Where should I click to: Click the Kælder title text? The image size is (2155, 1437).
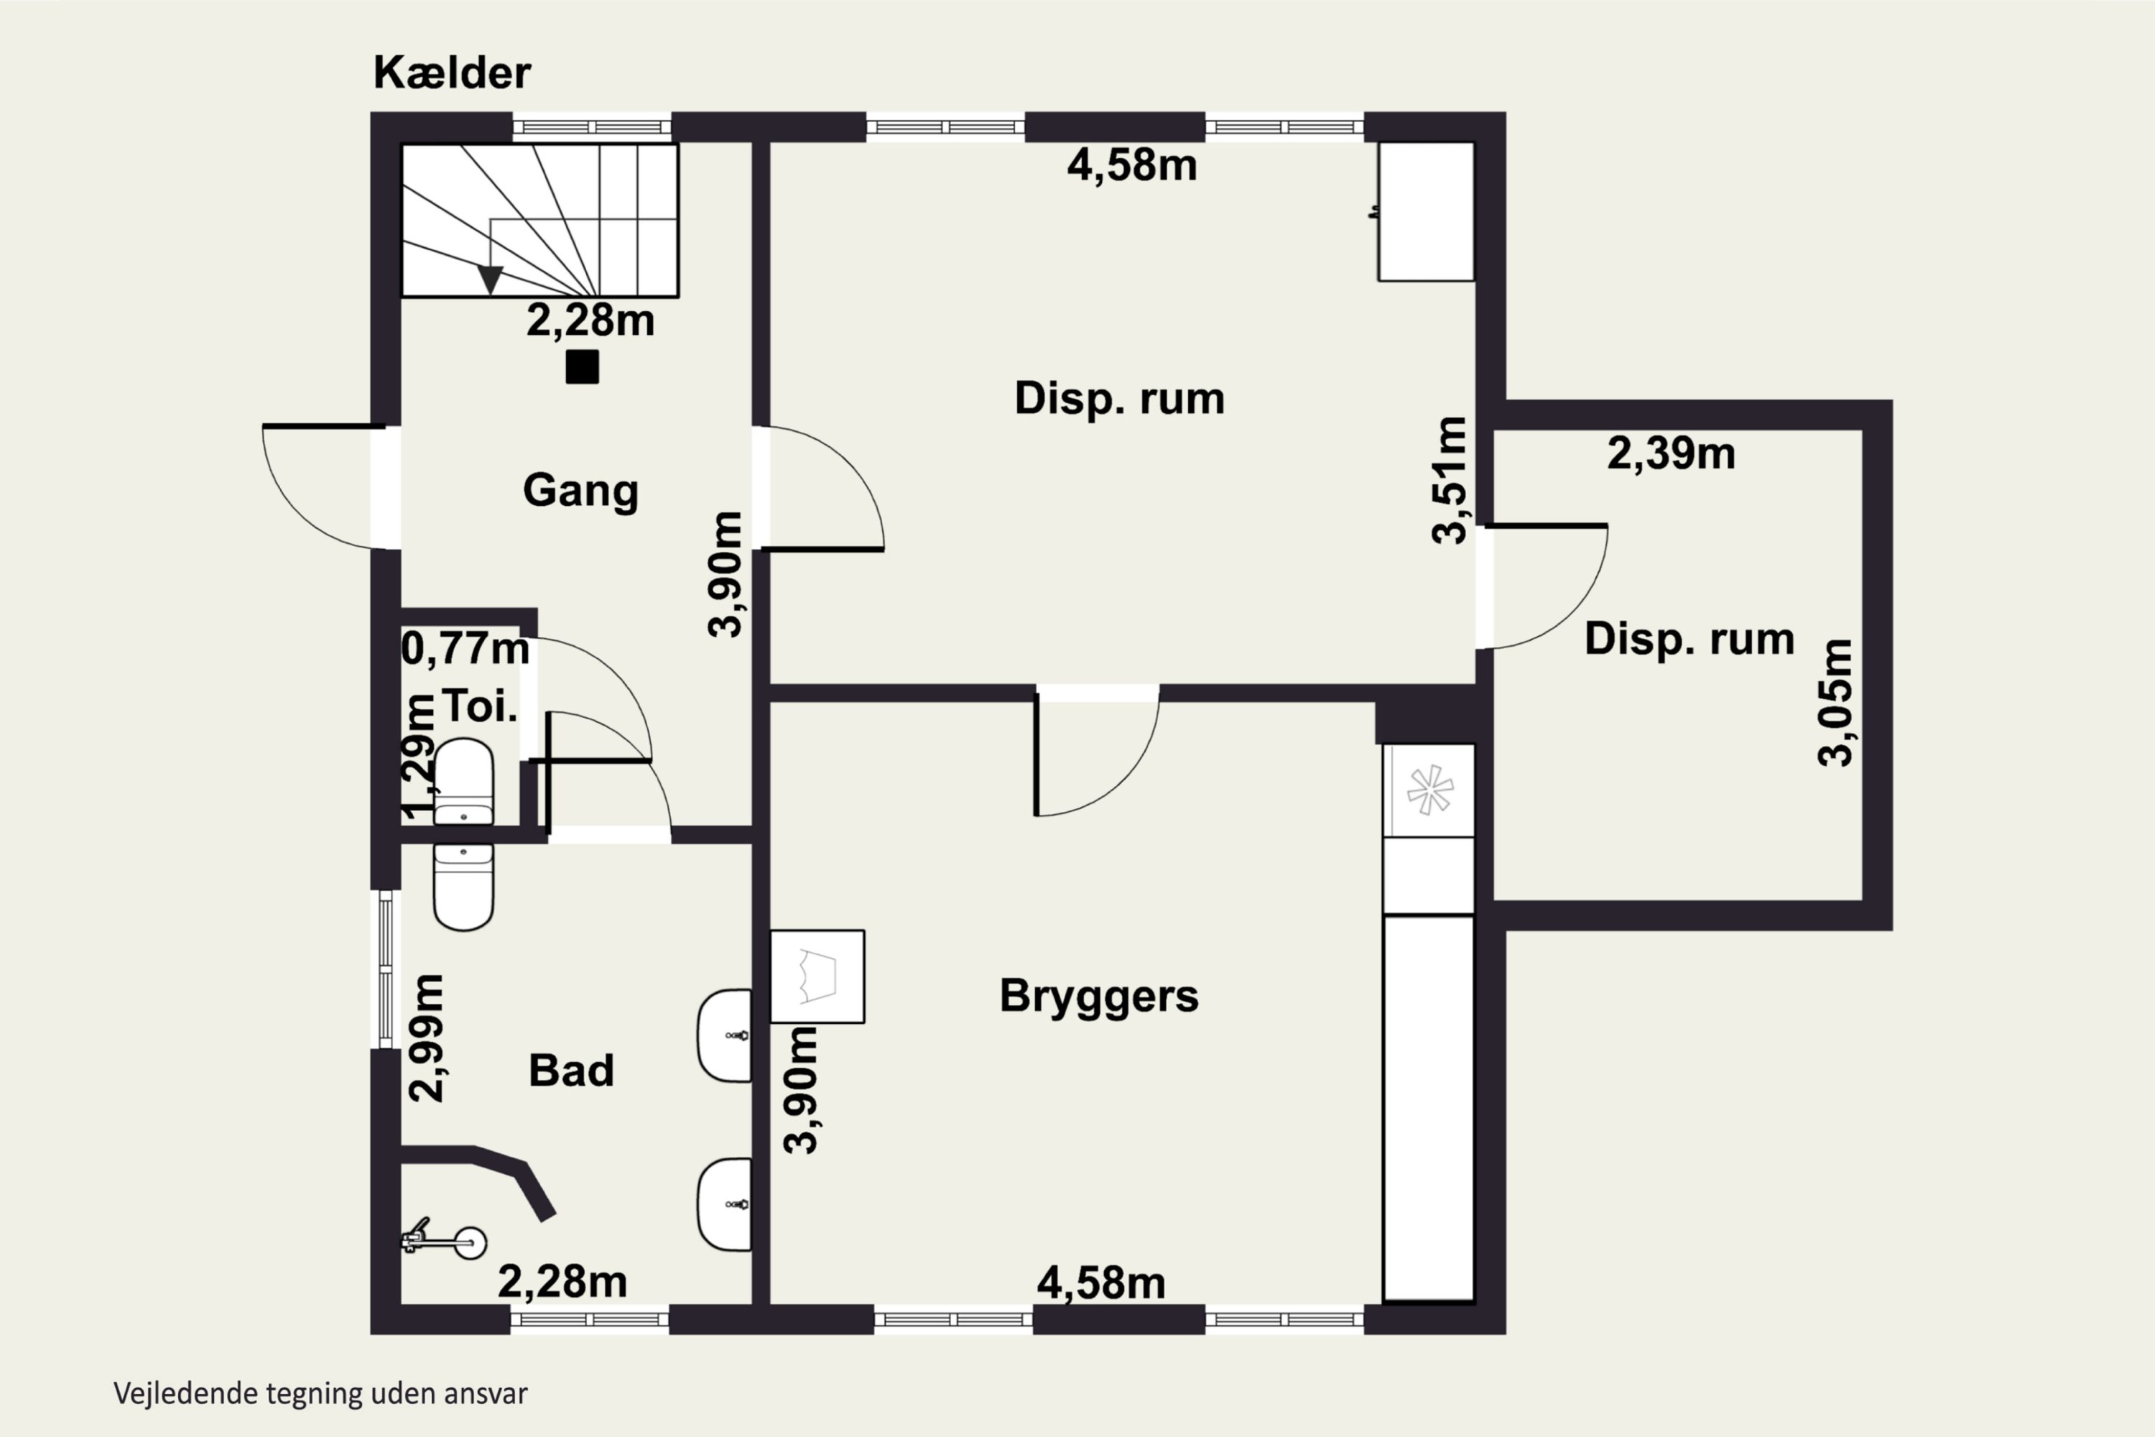coord(452,73)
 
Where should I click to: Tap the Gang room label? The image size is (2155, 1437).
coord(581,490)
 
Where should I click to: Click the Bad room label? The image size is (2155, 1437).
coord(571,1071)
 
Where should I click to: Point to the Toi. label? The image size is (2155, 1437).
coord(479,706)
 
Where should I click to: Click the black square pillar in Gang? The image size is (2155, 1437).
coord(582,366)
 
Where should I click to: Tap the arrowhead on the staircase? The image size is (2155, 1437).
coord(490,279)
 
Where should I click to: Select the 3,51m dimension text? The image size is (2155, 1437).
coord(1450,480)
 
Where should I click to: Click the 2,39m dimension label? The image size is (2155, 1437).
coord(1672,453)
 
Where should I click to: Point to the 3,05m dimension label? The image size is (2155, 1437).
coord(1835,702)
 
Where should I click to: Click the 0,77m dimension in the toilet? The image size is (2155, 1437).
coord(465,650)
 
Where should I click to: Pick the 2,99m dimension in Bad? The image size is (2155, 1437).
coord(426,1038)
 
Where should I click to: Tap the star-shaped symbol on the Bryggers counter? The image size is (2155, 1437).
coord(1429,790)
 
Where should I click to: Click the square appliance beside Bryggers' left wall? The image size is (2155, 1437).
coord(817,976)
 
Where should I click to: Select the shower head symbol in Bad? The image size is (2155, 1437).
coord(445,1241)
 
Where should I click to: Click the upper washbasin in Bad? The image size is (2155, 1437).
coord(725,1035)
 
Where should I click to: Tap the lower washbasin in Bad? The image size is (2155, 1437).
coord(725,1204)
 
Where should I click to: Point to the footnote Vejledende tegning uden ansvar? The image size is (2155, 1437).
coord(320,1394)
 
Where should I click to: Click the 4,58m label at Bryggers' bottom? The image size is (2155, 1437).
coord(1100,1283)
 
